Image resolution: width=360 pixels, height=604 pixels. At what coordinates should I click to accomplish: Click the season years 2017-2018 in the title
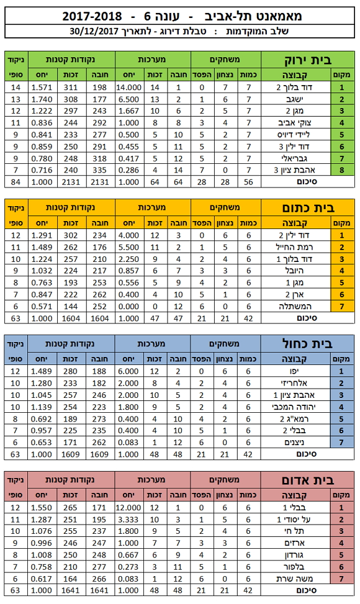click(x=92, y=16)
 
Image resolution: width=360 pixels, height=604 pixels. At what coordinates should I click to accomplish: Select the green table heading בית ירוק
click(x=308, y=60)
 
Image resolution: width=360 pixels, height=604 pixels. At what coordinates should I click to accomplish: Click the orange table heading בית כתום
click(x=308, y=208)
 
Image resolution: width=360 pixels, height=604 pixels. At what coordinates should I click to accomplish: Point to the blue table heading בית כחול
click(x=307, y=344)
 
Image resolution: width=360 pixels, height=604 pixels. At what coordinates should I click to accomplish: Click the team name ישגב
click(x=295, y=99)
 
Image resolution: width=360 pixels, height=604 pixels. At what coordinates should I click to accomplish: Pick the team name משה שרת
click(x=293, y=579)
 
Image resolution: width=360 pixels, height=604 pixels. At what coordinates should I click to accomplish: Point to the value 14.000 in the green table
click(x=129, y=88)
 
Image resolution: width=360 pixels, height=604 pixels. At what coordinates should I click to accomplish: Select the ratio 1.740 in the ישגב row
click(x=42, y=99)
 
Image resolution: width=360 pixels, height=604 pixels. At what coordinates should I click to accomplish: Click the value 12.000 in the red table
click(x=128, y=508)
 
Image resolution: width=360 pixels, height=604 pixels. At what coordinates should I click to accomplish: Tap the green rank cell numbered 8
click(x=342, y=170)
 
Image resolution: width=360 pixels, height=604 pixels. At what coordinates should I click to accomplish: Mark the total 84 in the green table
click(x=16, y=182)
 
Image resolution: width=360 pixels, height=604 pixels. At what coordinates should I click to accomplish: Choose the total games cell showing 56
click(x=249, y=182)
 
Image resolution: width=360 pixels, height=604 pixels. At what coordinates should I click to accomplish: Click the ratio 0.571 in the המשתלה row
click(x=42, y=307)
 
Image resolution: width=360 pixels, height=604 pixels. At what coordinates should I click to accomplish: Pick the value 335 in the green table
click(x=99, y=170)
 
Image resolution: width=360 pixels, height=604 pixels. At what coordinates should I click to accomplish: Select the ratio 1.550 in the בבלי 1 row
click(x=41, y=508)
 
